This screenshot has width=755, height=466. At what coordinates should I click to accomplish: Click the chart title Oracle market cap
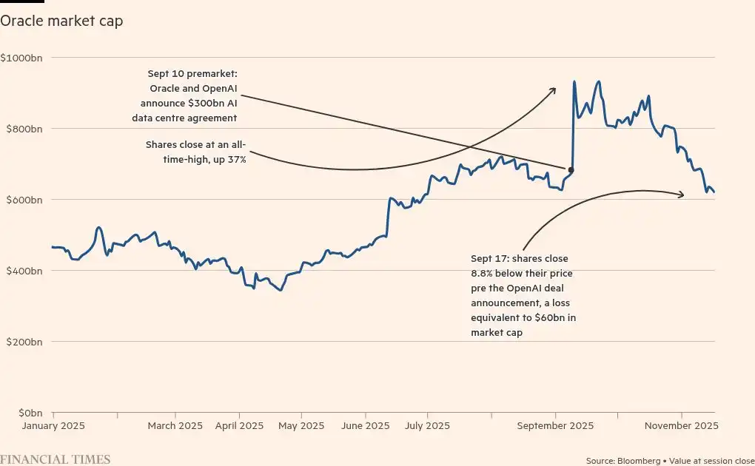pos(61,21)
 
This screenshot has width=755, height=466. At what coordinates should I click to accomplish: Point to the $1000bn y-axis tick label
pos(21,58)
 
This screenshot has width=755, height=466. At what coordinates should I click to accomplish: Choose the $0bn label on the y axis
pos(27,413)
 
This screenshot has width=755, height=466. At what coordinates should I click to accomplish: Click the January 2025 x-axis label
pos(53,426)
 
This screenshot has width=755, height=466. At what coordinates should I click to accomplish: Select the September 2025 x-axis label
pos(554,426)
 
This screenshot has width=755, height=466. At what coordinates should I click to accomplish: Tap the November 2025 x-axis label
pos(682,426)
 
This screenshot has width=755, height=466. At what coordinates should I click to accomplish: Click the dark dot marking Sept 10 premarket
pos(571,170)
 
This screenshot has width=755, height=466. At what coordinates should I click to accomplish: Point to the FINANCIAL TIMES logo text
pos(56,460)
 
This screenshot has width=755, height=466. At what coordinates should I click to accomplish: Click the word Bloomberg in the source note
pos(641,461)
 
